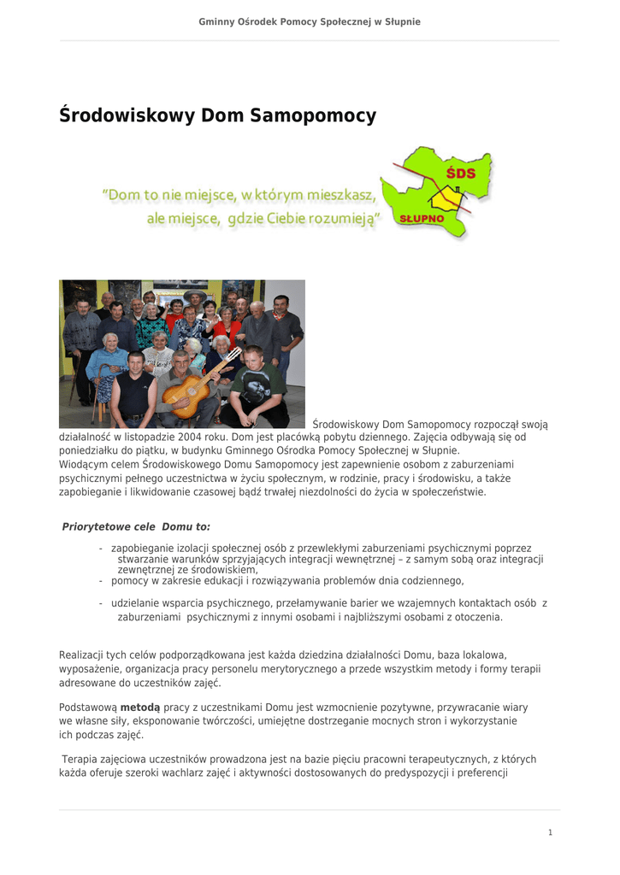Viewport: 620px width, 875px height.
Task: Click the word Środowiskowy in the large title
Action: coord(127,115)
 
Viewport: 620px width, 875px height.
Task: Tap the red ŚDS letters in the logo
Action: coord(460,173)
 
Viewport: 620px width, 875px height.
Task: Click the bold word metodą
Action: coord(140,708)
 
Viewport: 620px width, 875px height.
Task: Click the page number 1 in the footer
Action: coord(550,832)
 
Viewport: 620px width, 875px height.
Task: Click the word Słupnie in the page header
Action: coord(400,21)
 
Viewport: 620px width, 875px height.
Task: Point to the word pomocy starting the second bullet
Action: coord(129,581)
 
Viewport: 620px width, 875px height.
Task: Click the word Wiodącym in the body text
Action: coord(83,464)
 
